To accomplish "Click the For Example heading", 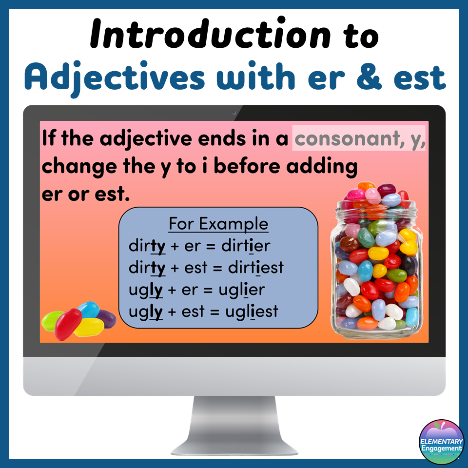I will tap(218, 224).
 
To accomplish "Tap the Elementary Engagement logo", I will tap(441, 442).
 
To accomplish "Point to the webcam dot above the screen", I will tap(234, 113).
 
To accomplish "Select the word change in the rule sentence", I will tap(72, 167).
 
